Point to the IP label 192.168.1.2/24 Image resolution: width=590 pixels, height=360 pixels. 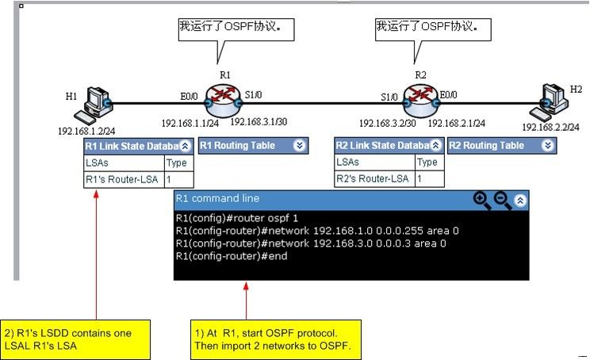pyautogui.click(x=86, y=129)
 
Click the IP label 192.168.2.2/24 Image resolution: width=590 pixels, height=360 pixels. pyautogui.click(x=550, y=127)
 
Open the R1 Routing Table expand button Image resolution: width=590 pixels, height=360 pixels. pyautogui.click(x=299, y=146)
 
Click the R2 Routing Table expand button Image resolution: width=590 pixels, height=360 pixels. pyautogui.click(x=548, y=146)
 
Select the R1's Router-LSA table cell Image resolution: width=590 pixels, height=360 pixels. pyautogui.click(x=123, y=179)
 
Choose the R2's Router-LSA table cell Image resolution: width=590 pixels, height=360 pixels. pyautogui.click(x=373, y=179)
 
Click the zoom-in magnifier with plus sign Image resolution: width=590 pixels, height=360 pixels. pyautogui.click(x=482, y=200)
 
